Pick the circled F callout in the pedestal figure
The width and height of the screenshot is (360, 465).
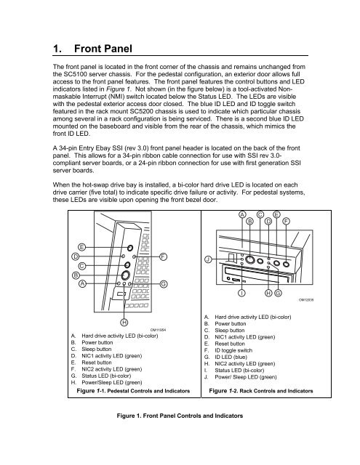(x=164, y=256)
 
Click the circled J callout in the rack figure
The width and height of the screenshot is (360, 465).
(x=208, y=259)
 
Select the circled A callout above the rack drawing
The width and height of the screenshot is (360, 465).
(x=241, y=214)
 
